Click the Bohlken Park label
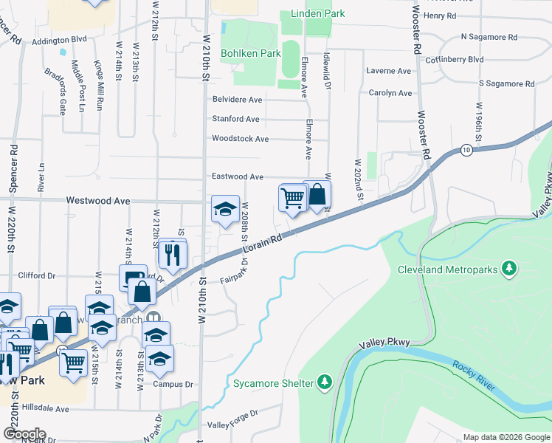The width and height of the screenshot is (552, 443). [250, 53]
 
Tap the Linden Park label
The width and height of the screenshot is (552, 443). [317, 14]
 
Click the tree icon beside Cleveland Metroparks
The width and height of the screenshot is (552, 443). [508, 269]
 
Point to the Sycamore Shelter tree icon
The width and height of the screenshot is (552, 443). [323, 382]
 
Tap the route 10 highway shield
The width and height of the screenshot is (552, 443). [466, 150]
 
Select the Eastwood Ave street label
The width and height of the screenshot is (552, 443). [237, 177]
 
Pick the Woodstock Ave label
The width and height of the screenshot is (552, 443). [240, 138]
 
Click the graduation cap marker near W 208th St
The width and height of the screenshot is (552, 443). [225, 209]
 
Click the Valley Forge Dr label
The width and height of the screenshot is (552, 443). [233, 425]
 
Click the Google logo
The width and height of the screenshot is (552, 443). [24, 434]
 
